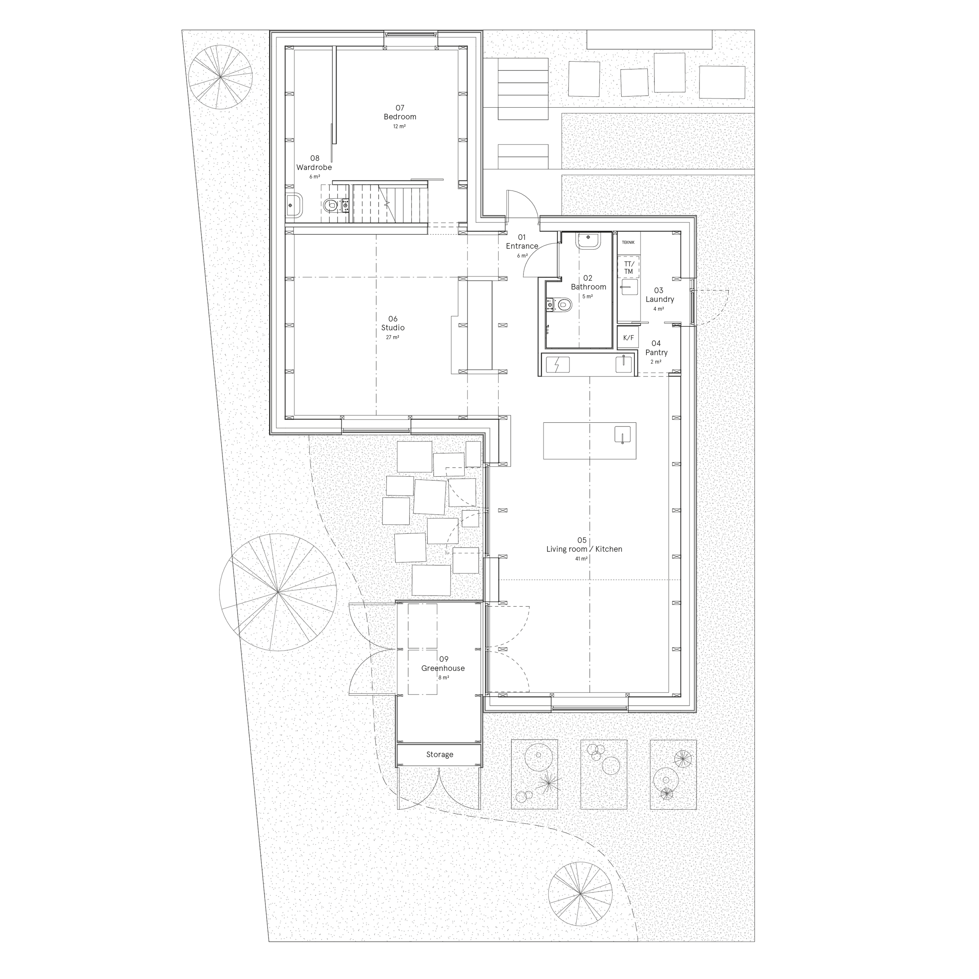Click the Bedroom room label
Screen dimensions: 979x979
pyautogui.click(x=400, y=116)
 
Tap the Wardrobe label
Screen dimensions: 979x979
pyautogui.click(x=314, y=167)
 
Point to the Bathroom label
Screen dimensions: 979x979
pyautogui.click(x=588, y=287)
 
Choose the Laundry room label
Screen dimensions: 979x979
pyautogui.click(x=659, y=299)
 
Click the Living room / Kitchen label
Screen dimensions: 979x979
pyautogui.click(x=584, y=549)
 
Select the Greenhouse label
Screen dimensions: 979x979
pyautogui.click(x=443, y=668)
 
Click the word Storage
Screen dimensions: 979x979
pyautogui.click(x=439, y=755)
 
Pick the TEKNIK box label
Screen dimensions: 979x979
pyautogui.click(x=628, y=242)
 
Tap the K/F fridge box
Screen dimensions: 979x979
pyautogui.click(x=628, y=338)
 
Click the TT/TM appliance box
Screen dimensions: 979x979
pyautogui.click(x=628, y=268)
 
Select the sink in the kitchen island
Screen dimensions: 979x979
pyautogui.click(x=622, y=435)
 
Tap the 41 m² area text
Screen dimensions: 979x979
pyautogui.click(x=581, y=558)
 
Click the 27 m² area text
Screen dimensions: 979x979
pyautogui.click(x=393, y=337)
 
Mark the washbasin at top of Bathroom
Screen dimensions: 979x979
pyautogui.click(x=588, y=240)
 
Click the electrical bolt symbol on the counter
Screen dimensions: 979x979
pyautogui.click(x=557, y=365)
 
